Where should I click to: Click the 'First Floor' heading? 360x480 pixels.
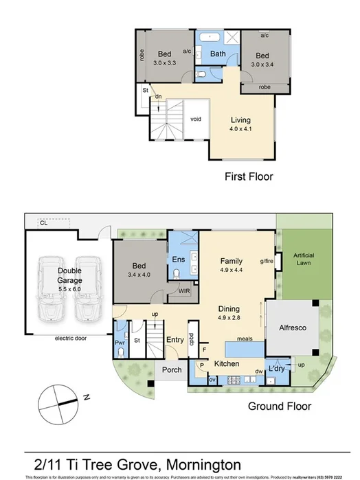pos(249,177)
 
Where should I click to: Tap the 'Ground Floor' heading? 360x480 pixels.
pos(280,406)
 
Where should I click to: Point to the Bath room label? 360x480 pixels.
pos(218,54)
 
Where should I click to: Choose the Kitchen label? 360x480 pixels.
pos(226,363)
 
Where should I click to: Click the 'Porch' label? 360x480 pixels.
pos(172,371)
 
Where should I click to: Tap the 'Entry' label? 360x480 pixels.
pos(175,339)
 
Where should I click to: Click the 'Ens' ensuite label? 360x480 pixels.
pos(178,260)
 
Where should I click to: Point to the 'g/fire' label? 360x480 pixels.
pos(267,261)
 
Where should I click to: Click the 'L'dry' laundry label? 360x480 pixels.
pos(277,369)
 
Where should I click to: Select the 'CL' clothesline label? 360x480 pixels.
pos(43,222)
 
